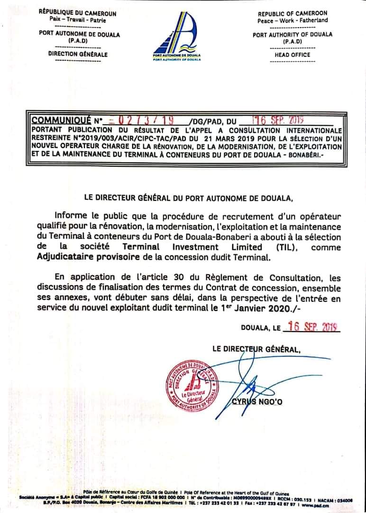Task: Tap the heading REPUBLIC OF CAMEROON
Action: (293, 14)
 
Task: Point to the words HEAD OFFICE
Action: (293, 55)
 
